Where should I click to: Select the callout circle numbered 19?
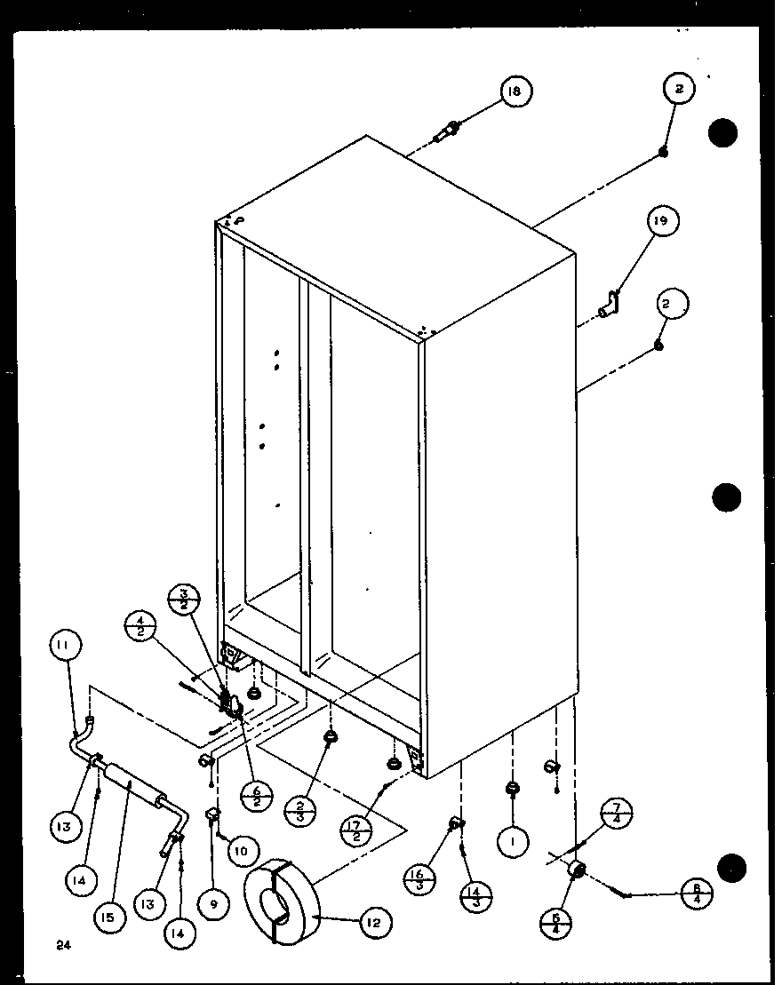(x=662, y=221)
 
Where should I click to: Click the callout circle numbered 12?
(x=373, y=924)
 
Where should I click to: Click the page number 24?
(x=61, y=945)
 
